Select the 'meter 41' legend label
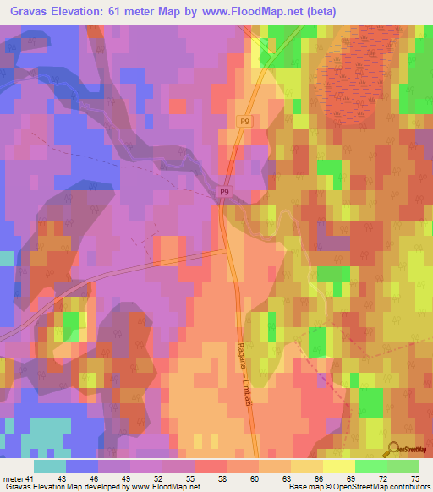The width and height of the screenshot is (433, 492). [x=17, y=478]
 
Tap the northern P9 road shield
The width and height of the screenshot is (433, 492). [x=244, y=122]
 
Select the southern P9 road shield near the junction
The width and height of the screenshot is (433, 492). [x=224, y=193]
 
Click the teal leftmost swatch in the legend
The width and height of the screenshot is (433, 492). [x=50, y=466]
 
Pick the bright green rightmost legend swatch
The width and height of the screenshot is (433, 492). [x=403, y=466]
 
